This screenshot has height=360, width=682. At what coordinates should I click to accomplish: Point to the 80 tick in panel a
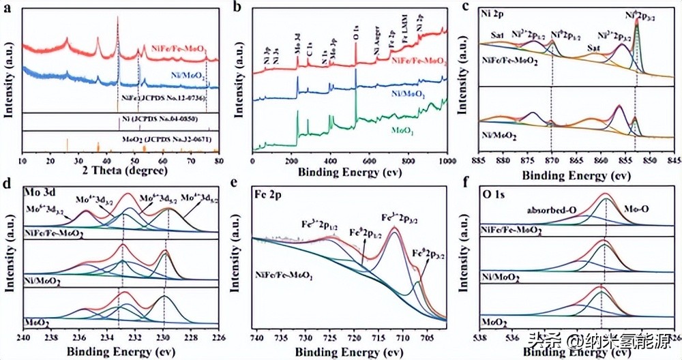(x=218, y=160)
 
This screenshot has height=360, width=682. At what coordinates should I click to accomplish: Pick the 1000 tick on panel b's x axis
(x=446, y=160)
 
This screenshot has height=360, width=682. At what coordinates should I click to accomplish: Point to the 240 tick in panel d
(x=23, y=336)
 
